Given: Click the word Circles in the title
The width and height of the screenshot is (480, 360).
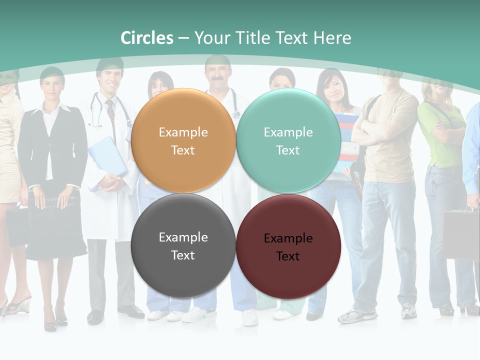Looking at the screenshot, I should click(x=147, y=38).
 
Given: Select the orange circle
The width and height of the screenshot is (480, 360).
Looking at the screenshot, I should click(x=183, y=141).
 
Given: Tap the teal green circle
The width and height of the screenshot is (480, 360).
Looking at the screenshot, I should click(x=288, y=141).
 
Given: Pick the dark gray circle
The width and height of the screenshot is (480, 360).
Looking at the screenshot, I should click(x=183, y=246).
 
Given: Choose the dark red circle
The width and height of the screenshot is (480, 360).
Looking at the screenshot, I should click(x=288, y=246).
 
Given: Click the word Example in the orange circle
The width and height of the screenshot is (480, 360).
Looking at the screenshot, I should click(x=183, y=132).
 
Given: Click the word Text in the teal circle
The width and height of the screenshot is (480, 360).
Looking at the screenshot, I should click(x=288, y=150).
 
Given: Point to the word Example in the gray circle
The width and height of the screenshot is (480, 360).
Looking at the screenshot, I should click(x=183, y=237).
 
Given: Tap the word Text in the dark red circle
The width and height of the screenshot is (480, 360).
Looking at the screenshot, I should click(x=288, y=256).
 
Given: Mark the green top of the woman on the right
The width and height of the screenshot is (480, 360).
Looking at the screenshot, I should click(x=435, y=135).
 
